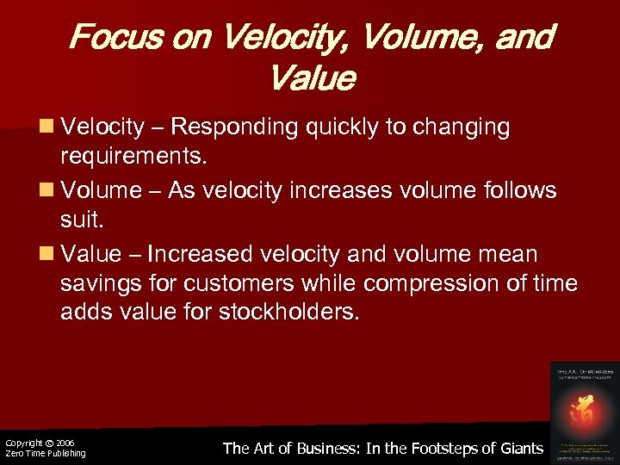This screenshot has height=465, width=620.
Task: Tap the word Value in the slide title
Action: [x=311, y=78]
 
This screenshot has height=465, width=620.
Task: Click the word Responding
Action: [x=233, y=128]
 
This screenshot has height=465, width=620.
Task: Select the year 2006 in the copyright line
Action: [x=65, y=443]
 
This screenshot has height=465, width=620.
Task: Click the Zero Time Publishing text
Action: [x=46, y=454]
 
